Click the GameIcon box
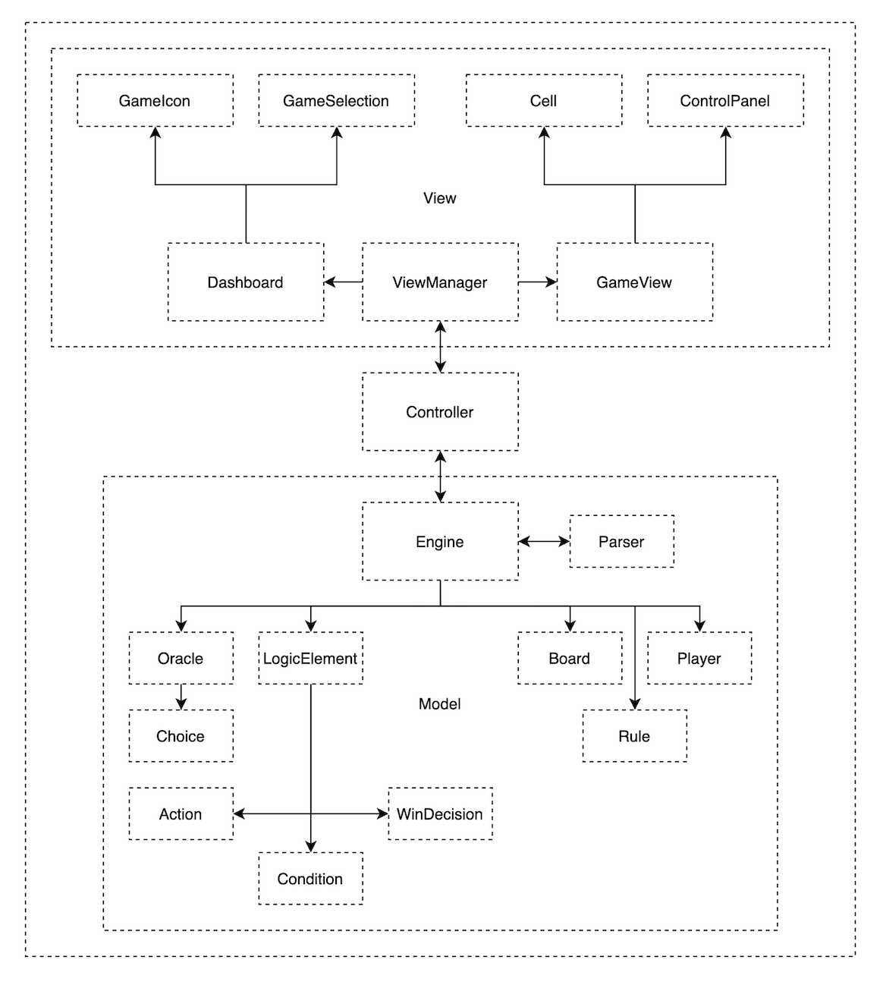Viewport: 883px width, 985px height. [x=155, y=101]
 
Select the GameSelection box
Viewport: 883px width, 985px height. [x=336, y=101]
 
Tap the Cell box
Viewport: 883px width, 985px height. [x=543, y=101]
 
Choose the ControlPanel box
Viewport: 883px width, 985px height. [x=724, y=101]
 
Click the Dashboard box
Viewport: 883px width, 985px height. [x=245, y=282]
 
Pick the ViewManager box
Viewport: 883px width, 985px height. [x=440, y=282]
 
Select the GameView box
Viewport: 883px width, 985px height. [x=634, y=282]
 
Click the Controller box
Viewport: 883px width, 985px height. [x=440, y=412]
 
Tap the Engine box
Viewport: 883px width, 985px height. [x=440, y=542]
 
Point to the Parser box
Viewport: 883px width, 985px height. [x=621, y=542]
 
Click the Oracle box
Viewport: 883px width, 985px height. [x=181, y=659]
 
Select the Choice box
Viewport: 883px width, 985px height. [x=181, y=736]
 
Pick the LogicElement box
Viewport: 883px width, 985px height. [x=310, y=659]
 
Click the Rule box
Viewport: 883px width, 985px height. [x=634, y=736]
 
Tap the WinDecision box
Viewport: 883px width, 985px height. [x=440, y=814]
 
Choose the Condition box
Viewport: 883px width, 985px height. [x=310, y=879]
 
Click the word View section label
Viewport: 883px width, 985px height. [x=440, y=198]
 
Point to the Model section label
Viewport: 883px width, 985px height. [x=440, y=704]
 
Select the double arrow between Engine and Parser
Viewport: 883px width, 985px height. [x=544, y=542]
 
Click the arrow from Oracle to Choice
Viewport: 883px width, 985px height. [x=181, y=697]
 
